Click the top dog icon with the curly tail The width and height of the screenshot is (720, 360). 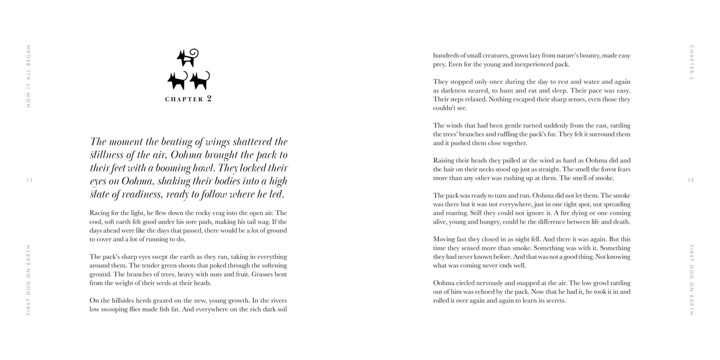point(188,57)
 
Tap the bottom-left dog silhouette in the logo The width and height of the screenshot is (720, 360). point(177,81)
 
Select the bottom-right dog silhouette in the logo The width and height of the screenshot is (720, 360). point(199,81)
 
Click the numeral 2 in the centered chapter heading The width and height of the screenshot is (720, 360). point(209,99)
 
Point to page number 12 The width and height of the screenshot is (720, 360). point(29,180)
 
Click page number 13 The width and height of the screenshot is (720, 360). point(690,180)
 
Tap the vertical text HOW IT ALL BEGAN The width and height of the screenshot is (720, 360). point(28,76)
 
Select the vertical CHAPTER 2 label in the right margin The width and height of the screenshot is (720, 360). point(691,62)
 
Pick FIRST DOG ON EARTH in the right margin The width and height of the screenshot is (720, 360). point(691,279)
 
